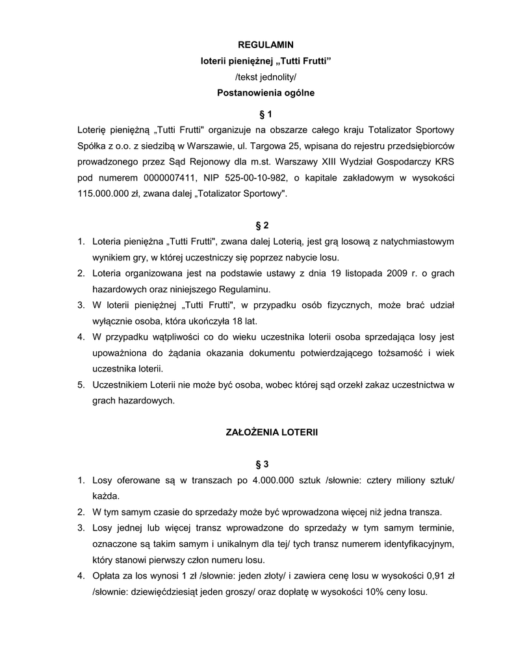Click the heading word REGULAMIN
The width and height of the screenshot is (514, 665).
pos(265,44)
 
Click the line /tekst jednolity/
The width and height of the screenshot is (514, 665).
pos(265,77)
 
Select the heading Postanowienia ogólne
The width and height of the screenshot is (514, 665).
pos(265,93)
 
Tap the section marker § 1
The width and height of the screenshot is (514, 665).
pos(265,114)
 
